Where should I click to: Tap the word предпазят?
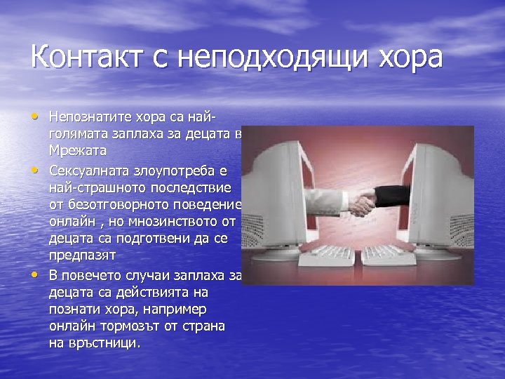[81, 256]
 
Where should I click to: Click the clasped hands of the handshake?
[363, 204]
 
